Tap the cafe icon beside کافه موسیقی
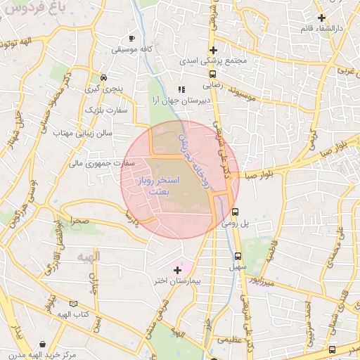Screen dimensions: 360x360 pos(131,38)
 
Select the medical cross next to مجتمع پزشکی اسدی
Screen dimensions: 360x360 pos(213,50)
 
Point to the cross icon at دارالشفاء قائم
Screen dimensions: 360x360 pos(321,18)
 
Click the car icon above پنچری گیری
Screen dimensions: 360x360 pos(103,78)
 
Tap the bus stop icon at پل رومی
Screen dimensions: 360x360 pos(236,210)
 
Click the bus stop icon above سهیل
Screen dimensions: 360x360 pos(238,256)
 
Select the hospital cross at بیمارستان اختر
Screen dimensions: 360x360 pos(176,269)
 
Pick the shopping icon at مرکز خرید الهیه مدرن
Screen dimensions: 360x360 pos(44,345)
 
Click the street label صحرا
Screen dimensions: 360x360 pos(79,220)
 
